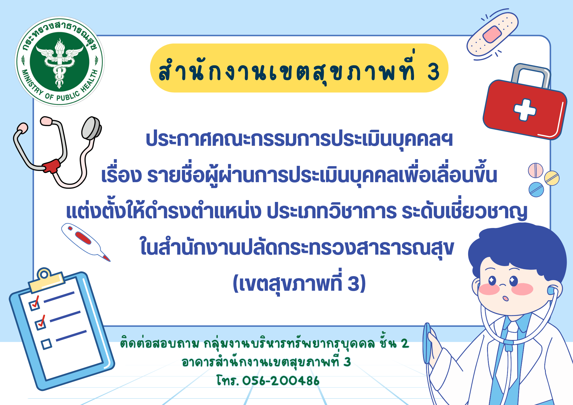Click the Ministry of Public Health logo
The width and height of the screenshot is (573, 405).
[60, 61]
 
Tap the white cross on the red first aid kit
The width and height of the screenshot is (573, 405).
[525, 110]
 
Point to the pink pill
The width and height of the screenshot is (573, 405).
[535, 170]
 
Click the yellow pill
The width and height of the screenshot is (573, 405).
[552, 178]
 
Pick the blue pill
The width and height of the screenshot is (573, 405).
[536, 190]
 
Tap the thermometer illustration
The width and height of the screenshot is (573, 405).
[86, 242]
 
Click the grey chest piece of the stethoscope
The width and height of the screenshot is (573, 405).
[91, 128]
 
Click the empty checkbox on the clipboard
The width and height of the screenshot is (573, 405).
[46, 344]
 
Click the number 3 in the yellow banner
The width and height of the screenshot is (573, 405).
[433, 72]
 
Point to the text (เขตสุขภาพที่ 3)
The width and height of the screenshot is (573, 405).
[299, 283]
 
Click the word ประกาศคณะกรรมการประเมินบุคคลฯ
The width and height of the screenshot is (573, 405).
[299, 139]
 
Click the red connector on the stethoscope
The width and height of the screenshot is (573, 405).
[52, 166]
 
